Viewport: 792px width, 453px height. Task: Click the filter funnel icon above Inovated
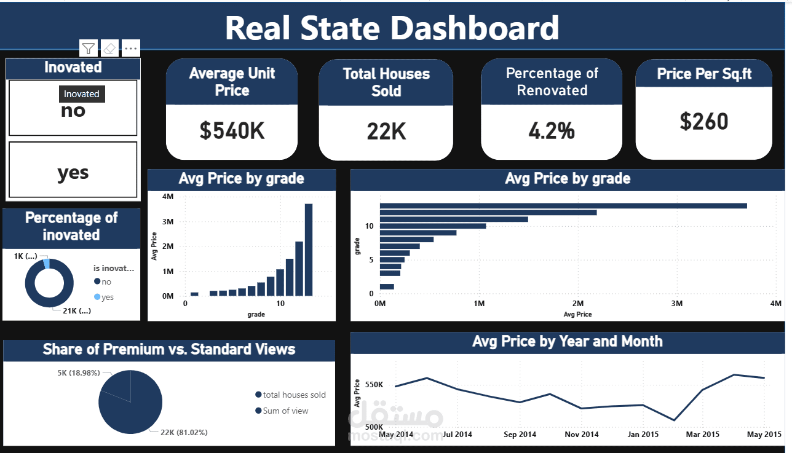[89, 48]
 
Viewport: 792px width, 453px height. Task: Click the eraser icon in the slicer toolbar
[109, 48]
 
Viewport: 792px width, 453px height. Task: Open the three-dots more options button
[131, 48]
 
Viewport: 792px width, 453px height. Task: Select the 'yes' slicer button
[73, 173]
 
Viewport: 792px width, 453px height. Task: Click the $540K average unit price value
[232, 130]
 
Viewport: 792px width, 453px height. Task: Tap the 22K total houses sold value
[386, 131]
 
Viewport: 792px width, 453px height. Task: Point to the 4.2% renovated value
[552, 130]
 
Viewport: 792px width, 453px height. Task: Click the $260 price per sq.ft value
[703, 121]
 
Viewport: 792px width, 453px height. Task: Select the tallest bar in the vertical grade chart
[308, 250]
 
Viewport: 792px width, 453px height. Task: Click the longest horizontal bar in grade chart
[563, 206]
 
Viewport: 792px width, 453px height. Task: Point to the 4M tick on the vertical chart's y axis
[168, 197]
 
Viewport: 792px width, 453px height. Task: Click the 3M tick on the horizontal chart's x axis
[677, 304]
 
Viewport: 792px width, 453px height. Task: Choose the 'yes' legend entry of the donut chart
[108, 297]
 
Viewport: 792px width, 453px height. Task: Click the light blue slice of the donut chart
[46, 263]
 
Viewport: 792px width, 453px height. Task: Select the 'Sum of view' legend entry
[285, 411]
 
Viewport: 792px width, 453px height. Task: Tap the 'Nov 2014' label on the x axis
[581, 435]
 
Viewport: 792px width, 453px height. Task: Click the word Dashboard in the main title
[475, 28]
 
